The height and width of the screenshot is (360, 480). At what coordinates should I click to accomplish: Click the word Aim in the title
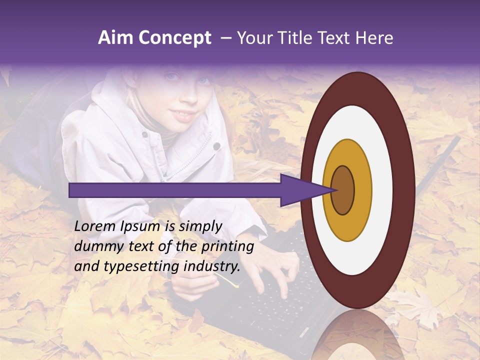[x=115, y=38]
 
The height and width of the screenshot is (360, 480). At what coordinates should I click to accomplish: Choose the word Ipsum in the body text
[x=140, y=226]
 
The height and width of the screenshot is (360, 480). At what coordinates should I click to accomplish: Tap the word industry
[x=211, y=266]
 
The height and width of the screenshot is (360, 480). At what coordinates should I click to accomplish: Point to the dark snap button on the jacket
[x=216, y=146]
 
